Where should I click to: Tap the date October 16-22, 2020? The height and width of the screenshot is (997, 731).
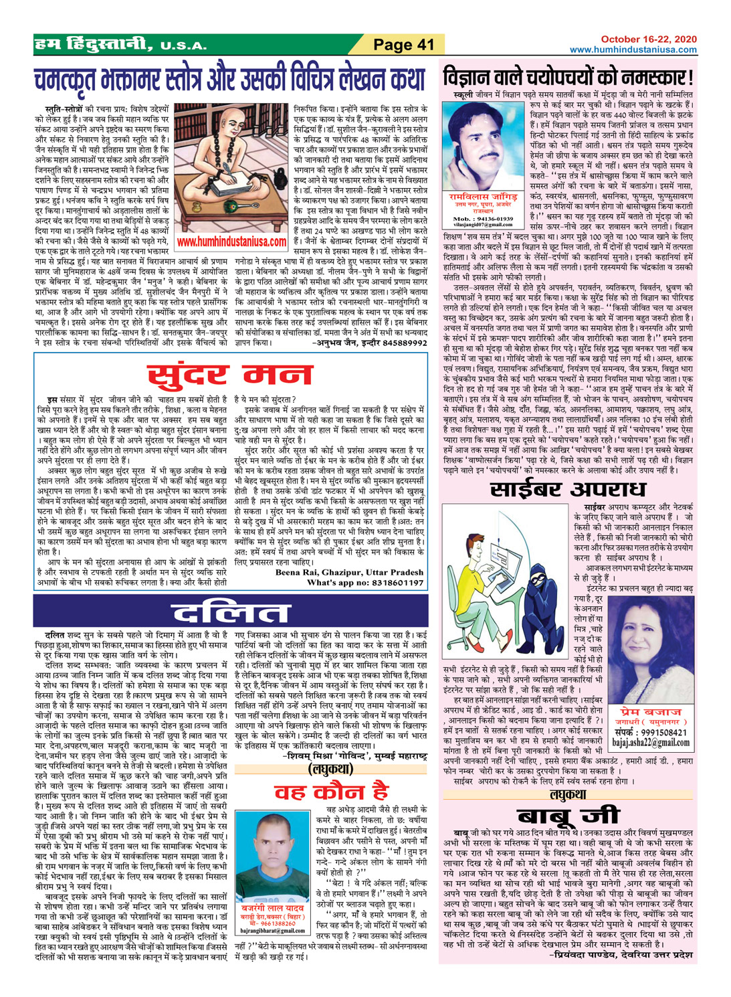(648, 40)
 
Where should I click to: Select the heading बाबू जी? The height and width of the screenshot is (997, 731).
(568, 816)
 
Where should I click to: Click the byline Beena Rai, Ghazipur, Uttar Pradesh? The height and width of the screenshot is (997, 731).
(350, 573)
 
